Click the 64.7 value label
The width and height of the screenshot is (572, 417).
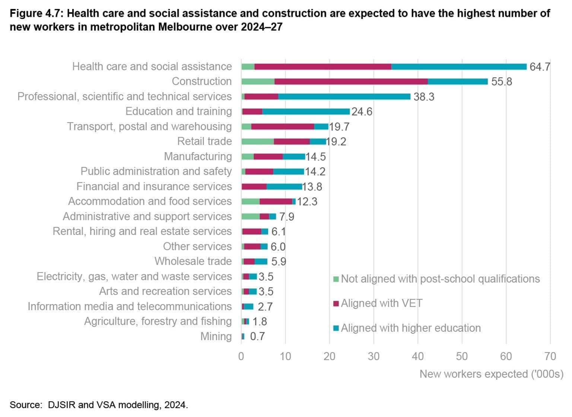click(x=539, y=67)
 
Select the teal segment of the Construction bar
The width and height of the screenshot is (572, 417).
click(x=457, y=82)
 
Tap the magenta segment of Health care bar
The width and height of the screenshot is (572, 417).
click(x=322, y=67)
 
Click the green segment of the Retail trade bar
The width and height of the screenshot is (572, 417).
click(x=257, y=141)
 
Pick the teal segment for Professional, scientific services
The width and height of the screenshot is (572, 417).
click(x=344, y=96)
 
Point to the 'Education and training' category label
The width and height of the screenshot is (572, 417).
click(x=178, y=111)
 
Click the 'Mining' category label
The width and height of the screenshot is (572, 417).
click(x=216, y=336)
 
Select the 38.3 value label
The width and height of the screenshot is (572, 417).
click(x=424, y=97)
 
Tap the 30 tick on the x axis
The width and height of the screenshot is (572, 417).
click(x=374, y=356)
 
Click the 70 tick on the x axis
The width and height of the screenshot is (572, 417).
click(x=550, y=356)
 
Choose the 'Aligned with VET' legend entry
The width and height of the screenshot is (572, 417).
click(x=381, y=303)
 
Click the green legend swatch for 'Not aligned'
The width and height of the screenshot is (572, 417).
click(x=336, y=279)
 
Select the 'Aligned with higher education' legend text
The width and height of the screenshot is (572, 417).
click(x=411, y=328)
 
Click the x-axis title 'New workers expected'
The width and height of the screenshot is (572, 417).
click(x=491, y=374)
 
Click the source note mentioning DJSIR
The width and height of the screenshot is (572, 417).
click(x=99, y=405)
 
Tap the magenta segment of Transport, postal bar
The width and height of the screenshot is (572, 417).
click(x=282, y=127)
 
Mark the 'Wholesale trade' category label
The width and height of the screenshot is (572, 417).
click(x=193, y=261)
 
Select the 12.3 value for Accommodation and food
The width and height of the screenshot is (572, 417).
click(x=307, y=201)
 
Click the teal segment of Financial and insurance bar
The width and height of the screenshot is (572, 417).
click(x=284, y=187)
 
